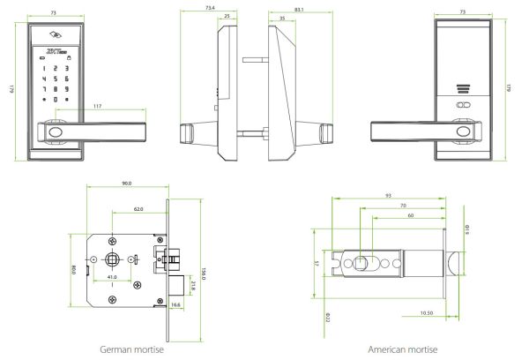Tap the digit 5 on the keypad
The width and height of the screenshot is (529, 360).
55,78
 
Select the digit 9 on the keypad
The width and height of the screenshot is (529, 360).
67,88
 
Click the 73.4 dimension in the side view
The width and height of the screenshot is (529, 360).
209,6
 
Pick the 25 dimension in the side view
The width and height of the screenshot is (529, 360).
227,16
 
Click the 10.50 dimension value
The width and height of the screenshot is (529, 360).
427,311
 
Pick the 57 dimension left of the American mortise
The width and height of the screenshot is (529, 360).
316,263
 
